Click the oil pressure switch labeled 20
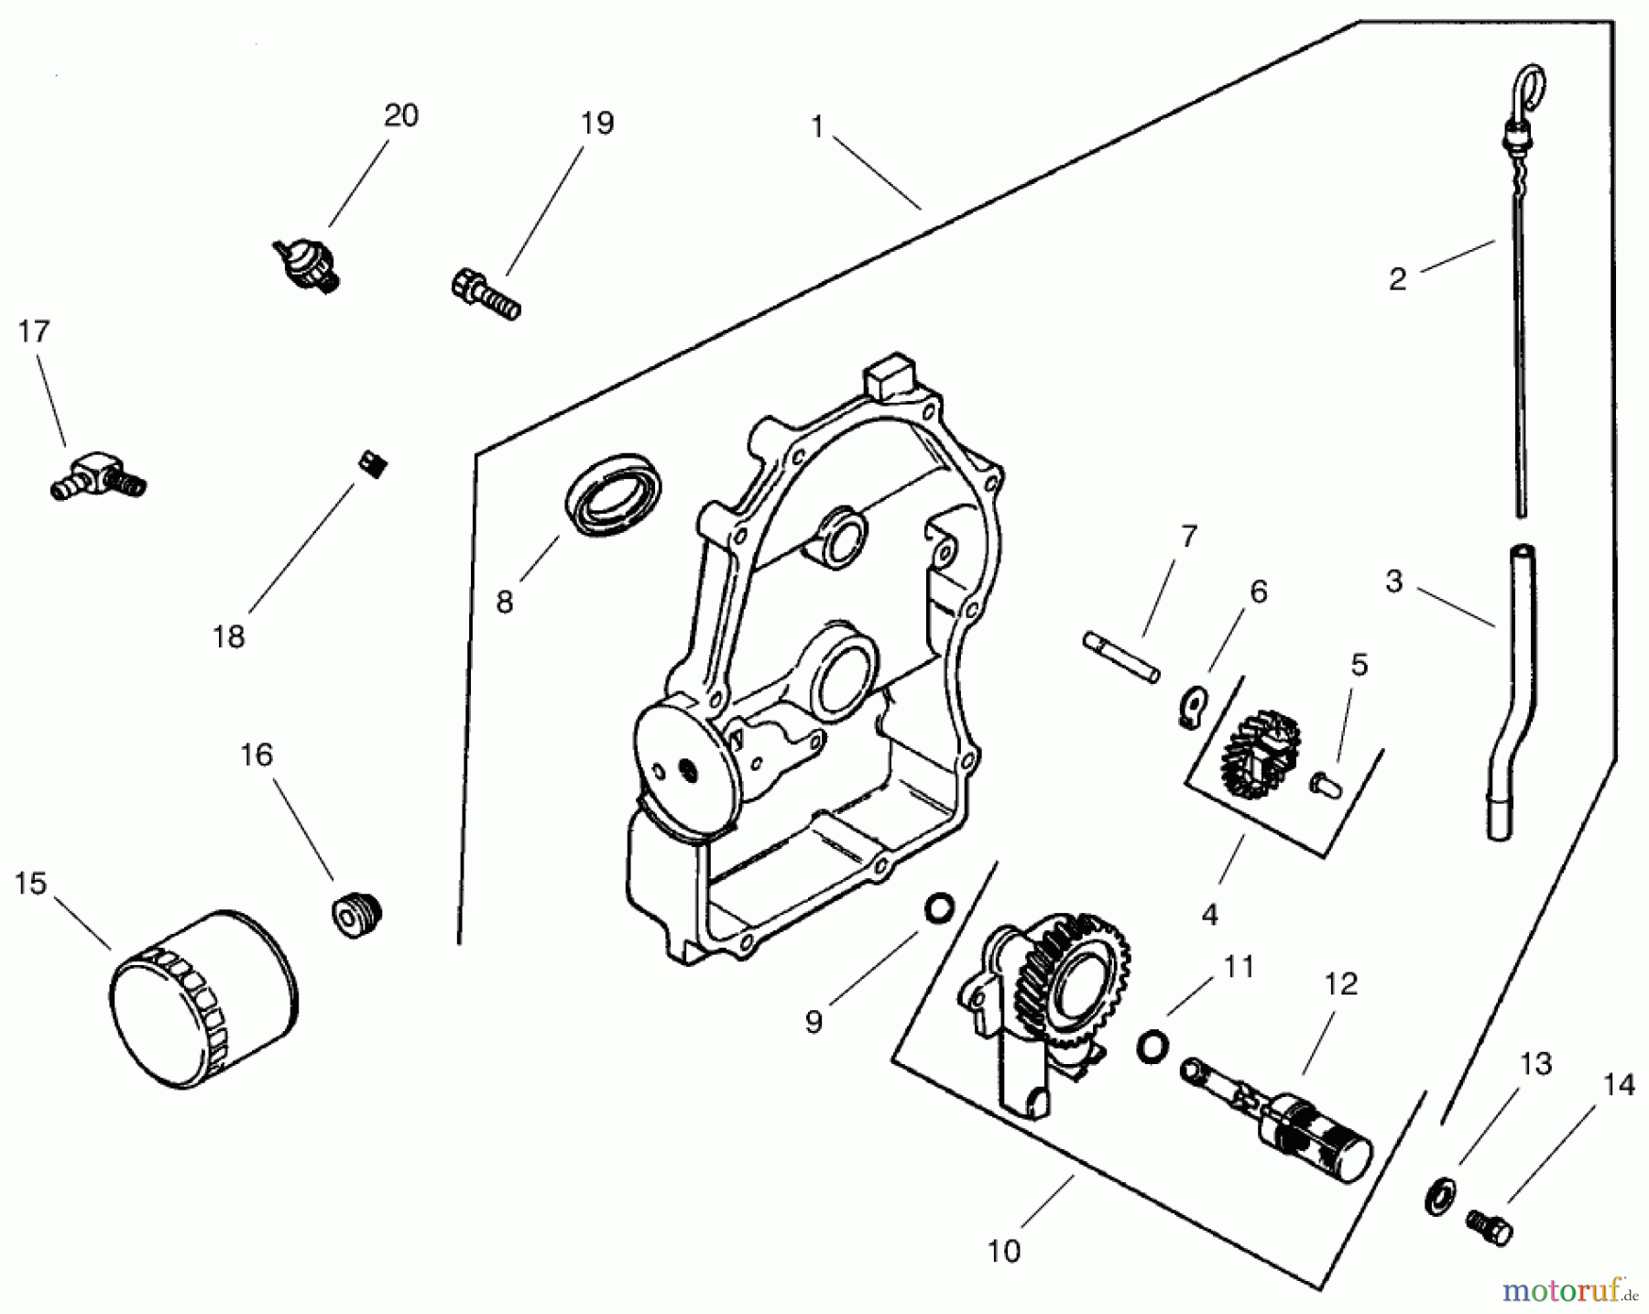click(308, 264)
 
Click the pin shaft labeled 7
click(1122, 657)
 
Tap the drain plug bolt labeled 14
click(1490, 1227)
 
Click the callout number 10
click(1004, 1251)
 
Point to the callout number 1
click(817, 126)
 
